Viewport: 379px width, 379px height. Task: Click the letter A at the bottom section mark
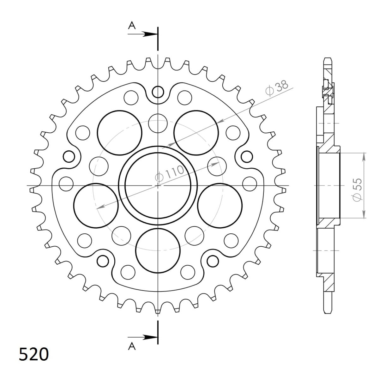click(x=132, y=346)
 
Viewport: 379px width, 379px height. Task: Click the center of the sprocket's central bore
click(x=158, y=185)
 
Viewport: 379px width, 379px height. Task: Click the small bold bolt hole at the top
click(x=158, y=92)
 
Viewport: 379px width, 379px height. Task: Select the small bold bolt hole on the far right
click(x=247, y=156)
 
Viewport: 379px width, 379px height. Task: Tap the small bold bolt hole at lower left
click(x=103, y=261)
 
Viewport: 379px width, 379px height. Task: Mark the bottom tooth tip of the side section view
click(x=328, y=311)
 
